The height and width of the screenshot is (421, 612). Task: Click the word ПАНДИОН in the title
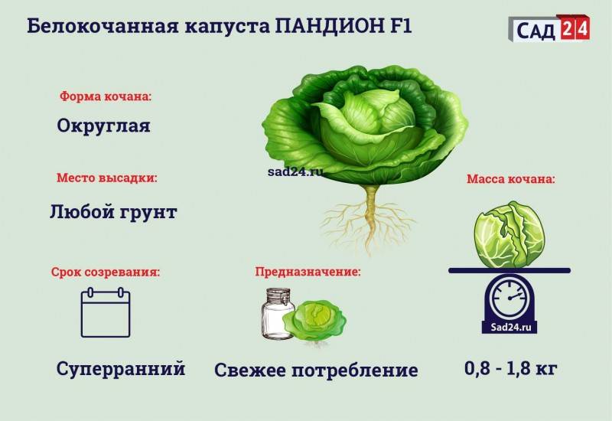coord(329,26)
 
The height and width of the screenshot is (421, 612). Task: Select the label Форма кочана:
coord(106,96)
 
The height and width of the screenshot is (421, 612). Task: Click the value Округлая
coord(104,126)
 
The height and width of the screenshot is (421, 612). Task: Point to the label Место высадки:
coord(107,178)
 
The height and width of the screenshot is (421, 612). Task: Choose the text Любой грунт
coord(113,212)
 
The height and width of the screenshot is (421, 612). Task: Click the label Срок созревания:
coord(106,273)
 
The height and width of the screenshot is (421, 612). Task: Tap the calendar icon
coord(106,312)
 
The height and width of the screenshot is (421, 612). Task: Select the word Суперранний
coord(121,369)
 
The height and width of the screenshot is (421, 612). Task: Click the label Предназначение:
coord(308,272)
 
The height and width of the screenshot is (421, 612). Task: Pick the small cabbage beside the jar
coord(314,320)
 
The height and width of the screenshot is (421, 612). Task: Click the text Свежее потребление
coord(316,370)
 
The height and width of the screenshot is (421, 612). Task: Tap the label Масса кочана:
coord(511,179)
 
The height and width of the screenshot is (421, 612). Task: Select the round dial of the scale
coord(509,297)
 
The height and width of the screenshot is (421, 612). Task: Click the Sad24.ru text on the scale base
coord(511,327)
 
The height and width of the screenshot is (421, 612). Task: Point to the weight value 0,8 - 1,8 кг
coord(510,368)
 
